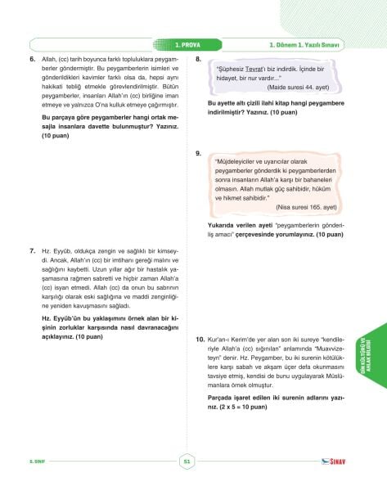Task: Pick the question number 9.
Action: point(199,153)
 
